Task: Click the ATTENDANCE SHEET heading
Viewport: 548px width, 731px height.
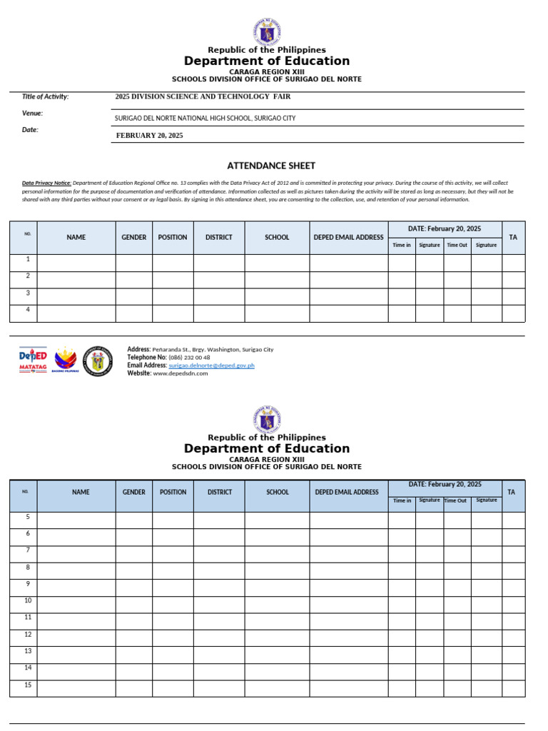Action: tap(270, 166)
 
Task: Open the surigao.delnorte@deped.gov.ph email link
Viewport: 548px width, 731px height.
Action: tap(211, 365)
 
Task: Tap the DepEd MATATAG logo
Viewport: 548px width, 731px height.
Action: tap(33, 360)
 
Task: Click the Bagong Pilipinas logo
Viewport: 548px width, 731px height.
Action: tap(66, 361)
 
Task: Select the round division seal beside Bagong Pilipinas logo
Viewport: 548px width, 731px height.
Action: tap(98, 361)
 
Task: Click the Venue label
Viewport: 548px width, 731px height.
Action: tap(33, 113)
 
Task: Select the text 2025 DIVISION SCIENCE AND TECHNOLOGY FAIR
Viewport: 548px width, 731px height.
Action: tap(203, 96)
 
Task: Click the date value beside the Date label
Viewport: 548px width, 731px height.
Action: tap(149, 136)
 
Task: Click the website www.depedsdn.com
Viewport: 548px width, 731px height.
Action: tap(181, 373)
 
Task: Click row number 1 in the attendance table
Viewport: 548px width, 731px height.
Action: tap(28, 259)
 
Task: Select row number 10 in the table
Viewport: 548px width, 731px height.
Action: tap(28, 600)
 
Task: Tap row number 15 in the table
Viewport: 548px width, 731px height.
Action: tap(28, 685)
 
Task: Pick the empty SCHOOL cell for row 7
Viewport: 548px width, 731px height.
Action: tap(277, 554)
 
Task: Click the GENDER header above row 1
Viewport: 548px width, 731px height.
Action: tap(133, 237)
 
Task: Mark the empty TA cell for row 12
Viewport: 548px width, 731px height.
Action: tap(513, 637)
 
